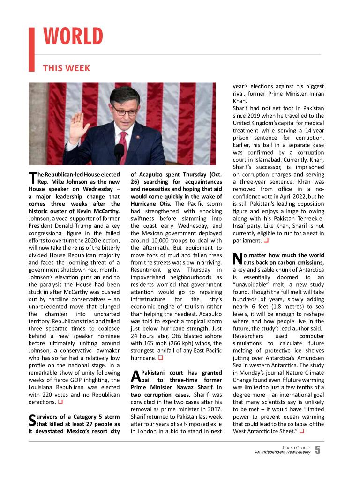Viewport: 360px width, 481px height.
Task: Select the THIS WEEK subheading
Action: click(x=66, y=68)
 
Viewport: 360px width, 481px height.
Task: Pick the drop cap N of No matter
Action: click(x=237, y=259)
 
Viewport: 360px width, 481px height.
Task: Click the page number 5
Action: click(x=318, y=451)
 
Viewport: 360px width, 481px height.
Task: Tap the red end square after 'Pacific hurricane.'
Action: click(x=160, y=358)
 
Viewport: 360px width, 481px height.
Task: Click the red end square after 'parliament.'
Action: click(x=266, y=241)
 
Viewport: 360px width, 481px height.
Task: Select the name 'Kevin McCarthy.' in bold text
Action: click(x=97, y=211)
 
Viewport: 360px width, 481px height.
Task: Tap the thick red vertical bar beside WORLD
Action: click(x=32, y=49)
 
